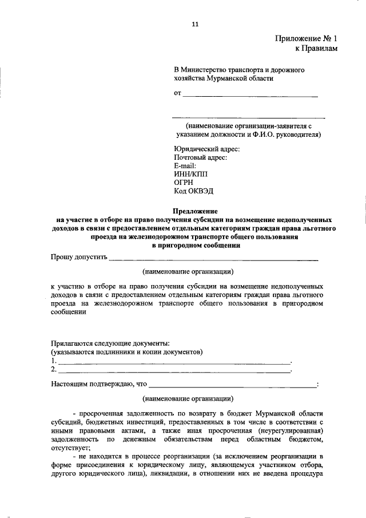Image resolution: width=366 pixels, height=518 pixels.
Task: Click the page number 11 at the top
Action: click(195, 25)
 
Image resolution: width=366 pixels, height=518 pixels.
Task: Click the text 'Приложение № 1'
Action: click(306, 39)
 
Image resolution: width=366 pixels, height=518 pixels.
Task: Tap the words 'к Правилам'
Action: click(316, 49)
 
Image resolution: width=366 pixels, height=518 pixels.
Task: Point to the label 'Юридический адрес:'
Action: click(206, 149)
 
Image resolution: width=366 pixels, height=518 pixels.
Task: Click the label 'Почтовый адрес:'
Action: click(200, 157)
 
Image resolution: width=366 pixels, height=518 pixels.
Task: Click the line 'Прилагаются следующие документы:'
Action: click(106, 342)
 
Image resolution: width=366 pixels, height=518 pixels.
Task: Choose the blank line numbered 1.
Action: click(174, 363)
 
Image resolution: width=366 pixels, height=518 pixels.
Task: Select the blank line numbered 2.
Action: click(174, 371)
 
